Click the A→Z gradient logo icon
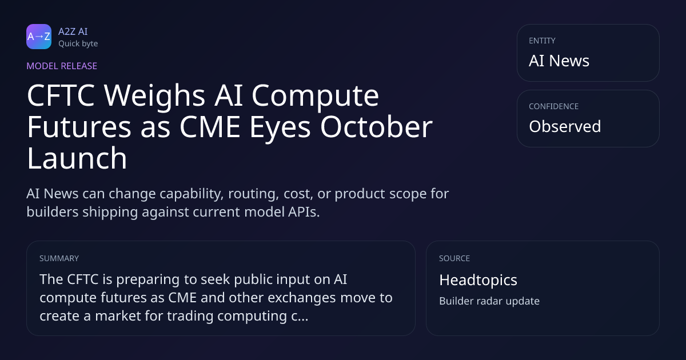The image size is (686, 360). (39, 37)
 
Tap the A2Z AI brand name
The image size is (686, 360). (73, 31)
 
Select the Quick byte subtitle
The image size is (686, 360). (78, 44)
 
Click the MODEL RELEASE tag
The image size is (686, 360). (62, 66)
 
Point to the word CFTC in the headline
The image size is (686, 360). (61, 95)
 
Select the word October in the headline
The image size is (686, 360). (376, 126)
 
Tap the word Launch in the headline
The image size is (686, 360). (77, 158)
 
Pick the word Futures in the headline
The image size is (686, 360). (79, 127)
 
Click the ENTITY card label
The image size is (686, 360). (542, 41)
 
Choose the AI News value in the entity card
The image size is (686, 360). (559, 61)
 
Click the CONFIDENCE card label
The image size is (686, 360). (554, 106)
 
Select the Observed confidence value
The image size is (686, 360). (565, 126)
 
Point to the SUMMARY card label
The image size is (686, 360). (59, 258)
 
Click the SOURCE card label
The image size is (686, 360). (454, 258)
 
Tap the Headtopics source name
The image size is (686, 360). (478, 280)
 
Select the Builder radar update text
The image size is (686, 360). (489, 301)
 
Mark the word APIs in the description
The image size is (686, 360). (304, 212)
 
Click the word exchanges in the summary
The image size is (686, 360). (302, 298)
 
